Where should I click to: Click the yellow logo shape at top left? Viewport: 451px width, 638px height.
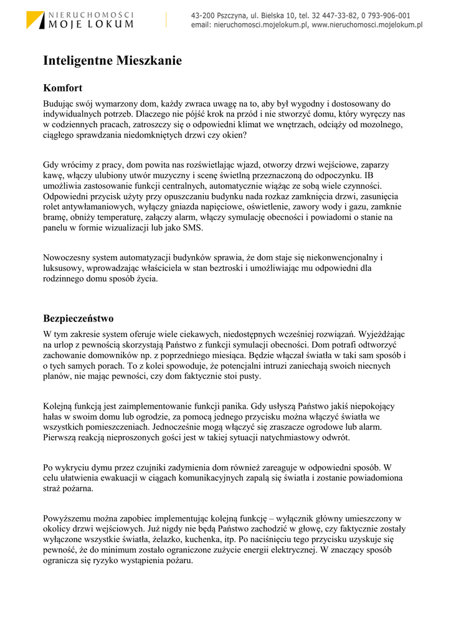coord(34,19)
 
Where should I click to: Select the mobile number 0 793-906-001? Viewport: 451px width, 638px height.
coord(382,16)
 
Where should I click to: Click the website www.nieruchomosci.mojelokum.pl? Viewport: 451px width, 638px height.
coord(367,26)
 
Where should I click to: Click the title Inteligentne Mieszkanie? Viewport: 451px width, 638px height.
coord(112,61)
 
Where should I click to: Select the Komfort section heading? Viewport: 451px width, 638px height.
coord(62,88)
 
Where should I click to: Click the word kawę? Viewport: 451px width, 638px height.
coord(53,176)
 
